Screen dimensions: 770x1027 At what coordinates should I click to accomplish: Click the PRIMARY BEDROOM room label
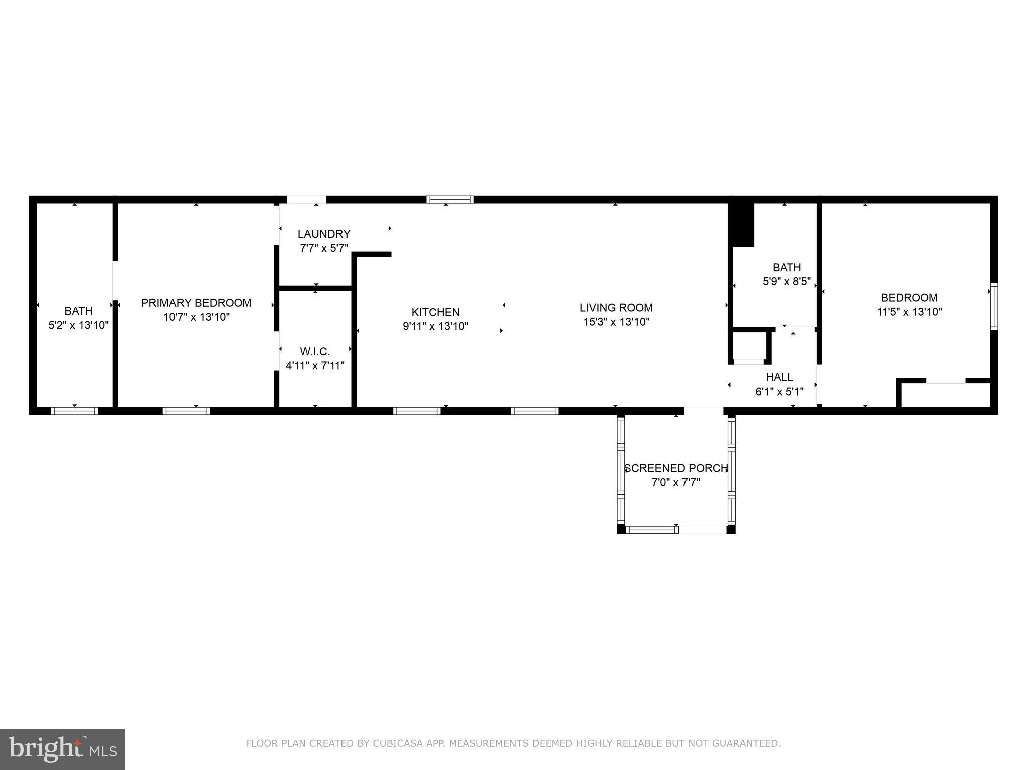point(196,303)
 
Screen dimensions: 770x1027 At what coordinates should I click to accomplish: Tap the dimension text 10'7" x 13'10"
point(196,317)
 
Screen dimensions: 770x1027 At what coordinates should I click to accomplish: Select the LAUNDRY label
point(324,234)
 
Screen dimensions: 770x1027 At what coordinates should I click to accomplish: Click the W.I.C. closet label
point(315,351)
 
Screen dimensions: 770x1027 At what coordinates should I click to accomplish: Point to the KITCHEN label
point(435,312)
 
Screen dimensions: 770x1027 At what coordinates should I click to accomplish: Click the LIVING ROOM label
point(616,307)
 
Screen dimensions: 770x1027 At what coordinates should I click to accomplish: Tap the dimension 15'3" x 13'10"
point(616,322)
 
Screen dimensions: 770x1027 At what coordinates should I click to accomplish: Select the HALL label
point(779,377)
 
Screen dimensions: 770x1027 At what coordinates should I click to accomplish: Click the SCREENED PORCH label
point(675,468)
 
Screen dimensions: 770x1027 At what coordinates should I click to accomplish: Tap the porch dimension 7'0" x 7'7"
point(675,482)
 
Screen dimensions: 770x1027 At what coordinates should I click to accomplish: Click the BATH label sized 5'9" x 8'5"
point(786,267)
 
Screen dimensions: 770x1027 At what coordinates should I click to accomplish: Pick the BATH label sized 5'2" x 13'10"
point(78,311)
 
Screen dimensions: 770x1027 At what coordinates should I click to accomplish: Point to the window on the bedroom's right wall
point(994,306)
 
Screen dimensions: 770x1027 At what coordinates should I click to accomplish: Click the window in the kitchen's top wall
point(450,200)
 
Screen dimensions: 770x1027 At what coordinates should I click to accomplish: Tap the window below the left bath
point(74,411)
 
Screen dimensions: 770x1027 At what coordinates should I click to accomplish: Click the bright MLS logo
point(63,749)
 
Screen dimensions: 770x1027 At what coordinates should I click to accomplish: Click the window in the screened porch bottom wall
point(651,529)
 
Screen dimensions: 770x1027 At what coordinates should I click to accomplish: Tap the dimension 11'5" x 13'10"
point(909,312)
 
